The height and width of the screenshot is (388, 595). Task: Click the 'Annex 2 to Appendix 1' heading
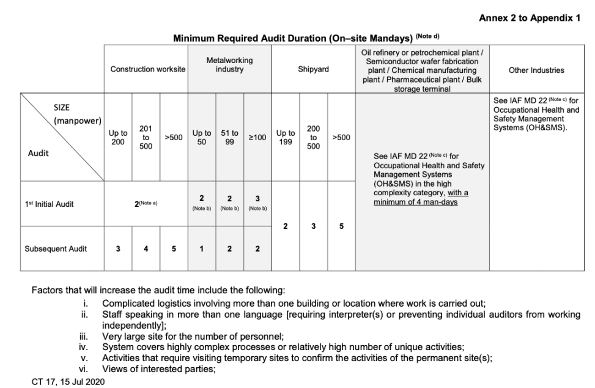tap(530, 18)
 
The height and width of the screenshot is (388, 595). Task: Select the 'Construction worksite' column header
tap(147, 70)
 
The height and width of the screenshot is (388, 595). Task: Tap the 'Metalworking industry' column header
tap(229, 65)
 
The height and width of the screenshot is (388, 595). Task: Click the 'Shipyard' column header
tap(313, 70)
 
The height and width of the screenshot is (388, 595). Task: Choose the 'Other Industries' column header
tap(536, 70)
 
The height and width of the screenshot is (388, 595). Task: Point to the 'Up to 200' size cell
tap(118, 137)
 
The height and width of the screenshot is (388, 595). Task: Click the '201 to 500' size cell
tap(146, 137)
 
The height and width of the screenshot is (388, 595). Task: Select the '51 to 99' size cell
tap(229, 137)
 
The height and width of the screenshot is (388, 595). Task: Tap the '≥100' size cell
tap(257, 138)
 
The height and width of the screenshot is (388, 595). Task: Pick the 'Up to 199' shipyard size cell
tap(286, 137)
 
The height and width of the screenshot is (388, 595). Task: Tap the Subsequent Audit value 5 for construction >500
tap(174, 248)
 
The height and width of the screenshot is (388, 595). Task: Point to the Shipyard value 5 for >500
tap(341, 226)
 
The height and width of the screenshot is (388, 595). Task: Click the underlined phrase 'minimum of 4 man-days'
tap(416, 202)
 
